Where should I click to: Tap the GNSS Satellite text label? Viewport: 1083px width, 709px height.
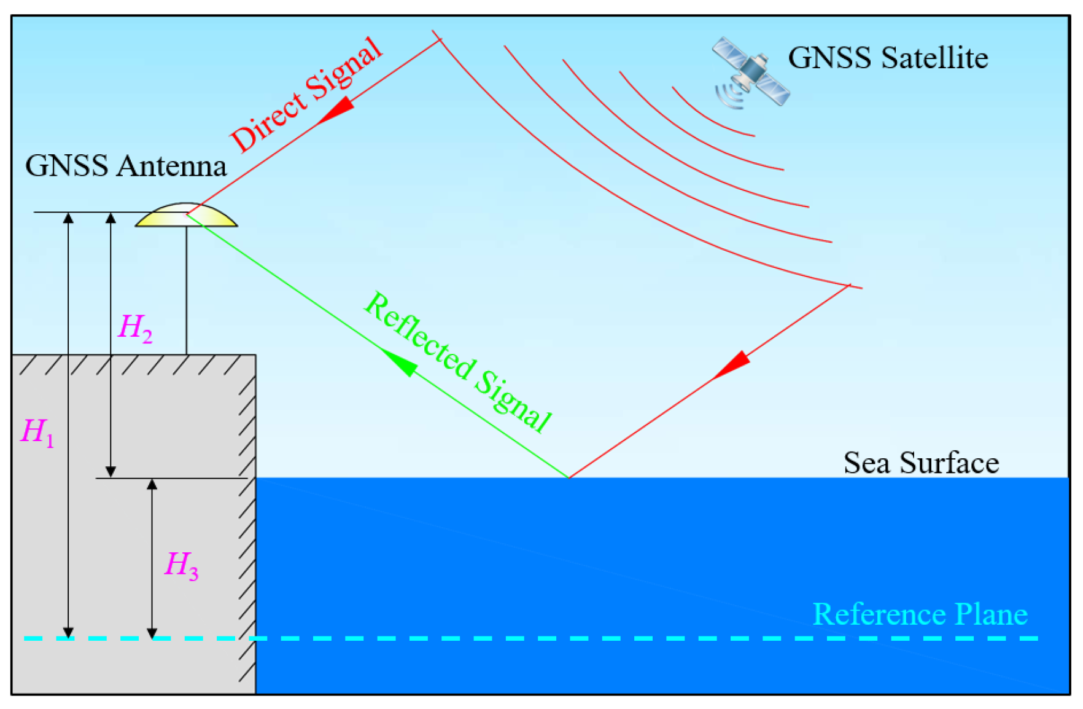click(x=888, y=58)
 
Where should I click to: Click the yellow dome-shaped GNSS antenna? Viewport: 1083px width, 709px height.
click(x=186, y=217)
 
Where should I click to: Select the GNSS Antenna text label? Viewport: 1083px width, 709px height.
click(x=126, y=166)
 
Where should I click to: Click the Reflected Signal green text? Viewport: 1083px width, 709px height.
click(x=457, y=362)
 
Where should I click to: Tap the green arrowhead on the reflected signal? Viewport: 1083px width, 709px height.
click(x=400, y=361)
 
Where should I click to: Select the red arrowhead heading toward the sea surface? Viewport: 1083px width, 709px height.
click(x=732, y=364)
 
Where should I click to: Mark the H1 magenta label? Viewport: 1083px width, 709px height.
click(x=37, y=432)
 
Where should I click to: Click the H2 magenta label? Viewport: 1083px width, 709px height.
click(x=134, y=327)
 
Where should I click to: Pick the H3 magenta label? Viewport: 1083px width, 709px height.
click(x=181, y=565)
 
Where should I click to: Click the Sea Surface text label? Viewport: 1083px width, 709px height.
click(x=920, y=463)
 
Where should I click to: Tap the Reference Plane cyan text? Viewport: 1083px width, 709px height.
click(x=919, y=614)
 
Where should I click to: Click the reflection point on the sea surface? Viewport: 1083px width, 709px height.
click(x=569, y=477)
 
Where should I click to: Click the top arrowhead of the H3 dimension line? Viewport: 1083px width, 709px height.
click(x=152, y=485)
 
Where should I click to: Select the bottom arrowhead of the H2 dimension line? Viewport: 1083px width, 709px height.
click(x=111, y=471)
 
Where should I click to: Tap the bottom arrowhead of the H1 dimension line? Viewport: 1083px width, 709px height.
click(x=69, y=632)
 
